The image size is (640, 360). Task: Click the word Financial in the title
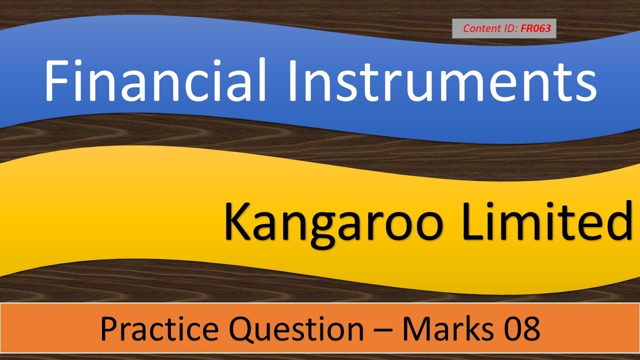point(150,79)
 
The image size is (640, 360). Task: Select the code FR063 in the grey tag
point(535,28)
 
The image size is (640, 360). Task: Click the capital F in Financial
point(54,79)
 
